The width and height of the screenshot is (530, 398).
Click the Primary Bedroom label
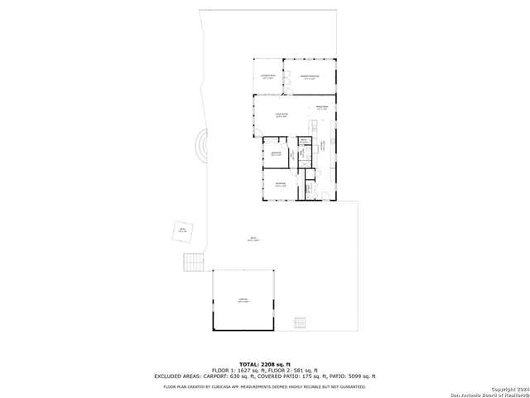tap(310, 77)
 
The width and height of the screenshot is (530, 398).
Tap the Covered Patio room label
tap(267, 77)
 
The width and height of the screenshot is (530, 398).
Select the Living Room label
tap(282, 114)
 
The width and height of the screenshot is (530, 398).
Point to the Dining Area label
tap(322, 108)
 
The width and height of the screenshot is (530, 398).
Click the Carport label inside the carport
tap(243, 301)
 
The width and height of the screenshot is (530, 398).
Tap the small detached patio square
tap(182, 231)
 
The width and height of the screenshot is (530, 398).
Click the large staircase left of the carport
tap(193, 262)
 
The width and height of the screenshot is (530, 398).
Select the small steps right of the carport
tap(300, 323)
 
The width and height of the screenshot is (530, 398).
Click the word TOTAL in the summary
tap(249, 365)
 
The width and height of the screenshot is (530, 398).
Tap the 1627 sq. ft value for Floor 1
tap(249, 371)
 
